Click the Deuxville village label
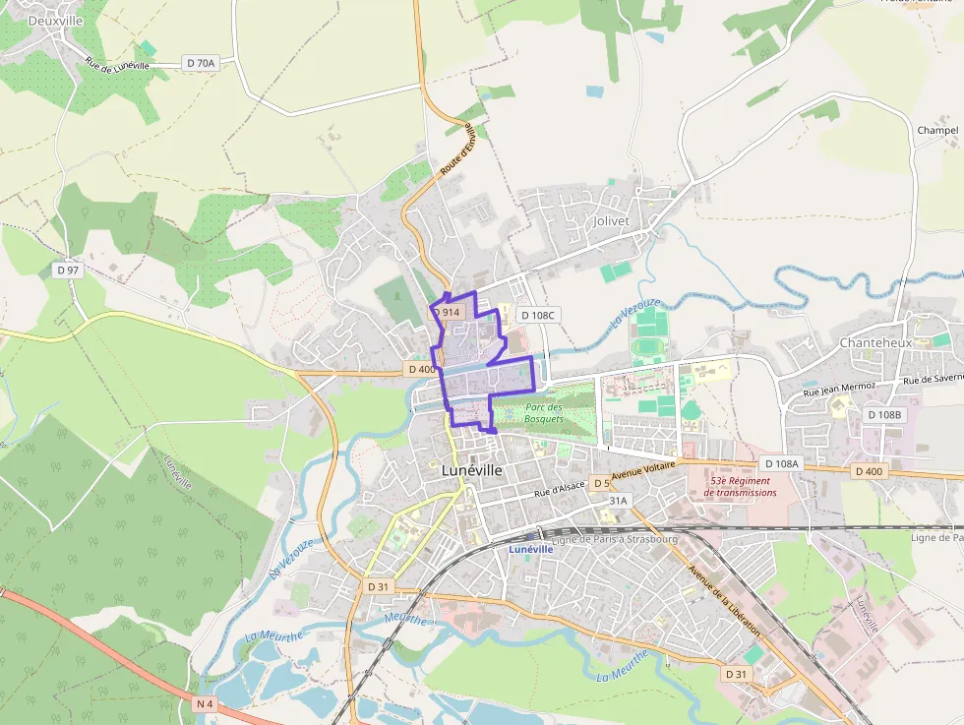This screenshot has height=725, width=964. [55, 20]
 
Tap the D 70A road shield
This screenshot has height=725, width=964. [200, 63]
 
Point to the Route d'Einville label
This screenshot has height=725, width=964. [457, 151]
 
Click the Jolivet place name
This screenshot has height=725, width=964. [611, 221]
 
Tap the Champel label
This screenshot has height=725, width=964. [936, 130]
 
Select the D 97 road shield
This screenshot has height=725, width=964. [68, 270]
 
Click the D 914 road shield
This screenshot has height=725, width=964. [447, 312]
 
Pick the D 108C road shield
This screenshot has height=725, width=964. [538, 315]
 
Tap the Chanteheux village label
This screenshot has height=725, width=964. [875, 342]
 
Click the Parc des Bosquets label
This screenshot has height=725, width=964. [544, 413]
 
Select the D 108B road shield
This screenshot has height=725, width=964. [883, 415]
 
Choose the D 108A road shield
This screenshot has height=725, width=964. [782, 463]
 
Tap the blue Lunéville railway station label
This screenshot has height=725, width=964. [531, 549]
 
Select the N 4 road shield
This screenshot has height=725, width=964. [205, 703]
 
